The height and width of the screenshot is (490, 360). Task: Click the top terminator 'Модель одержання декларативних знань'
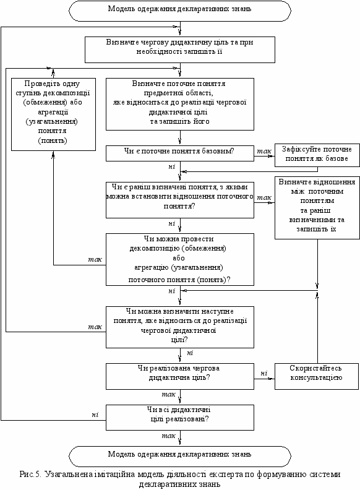tap(179, 11)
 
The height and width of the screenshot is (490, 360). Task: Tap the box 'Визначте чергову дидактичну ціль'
tap(180, 49)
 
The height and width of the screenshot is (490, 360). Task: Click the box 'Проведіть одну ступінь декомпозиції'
tap(53, 114)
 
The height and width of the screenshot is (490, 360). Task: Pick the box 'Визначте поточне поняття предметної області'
tap(180, 104)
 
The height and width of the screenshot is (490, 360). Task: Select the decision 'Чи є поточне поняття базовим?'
tap(180, 153)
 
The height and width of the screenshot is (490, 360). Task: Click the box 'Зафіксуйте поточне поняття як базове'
tap(317, 155)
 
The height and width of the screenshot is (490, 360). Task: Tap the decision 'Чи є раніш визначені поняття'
tap(180, 200)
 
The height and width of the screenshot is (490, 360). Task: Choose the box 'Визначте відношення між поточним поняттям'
tap(317, 208)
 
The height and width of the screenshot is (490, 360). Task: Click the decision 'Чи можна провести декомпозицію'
tap(180, 259)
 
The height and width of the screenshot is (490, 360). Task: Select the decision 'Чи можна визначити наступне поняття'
tap(180, 327)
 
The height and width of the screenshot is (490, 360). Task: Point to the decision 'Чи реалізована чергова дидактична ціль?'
tap(180, 376)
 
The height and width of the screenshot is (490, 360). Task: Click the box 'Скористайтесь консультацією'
tap(317, 376)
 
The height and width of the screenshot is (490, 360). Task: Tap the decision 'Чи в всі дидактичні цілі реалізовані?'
tap(180, 418)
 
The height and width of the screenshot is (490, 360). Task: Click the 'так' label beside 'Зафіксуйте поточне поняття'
tap(264, 151)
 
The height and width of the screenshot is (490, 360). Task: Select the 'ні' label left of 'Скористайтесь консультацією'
tap(264, 373)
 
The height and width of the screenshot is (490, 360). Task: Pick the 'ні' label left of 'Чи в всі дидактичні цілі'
tap(95, 415)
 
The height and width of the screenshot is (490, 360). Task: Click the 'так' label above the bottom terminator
tap(168, 436)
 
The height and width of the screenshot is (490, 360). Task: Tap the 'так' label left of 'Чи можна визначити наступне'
tap(95, 327)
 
